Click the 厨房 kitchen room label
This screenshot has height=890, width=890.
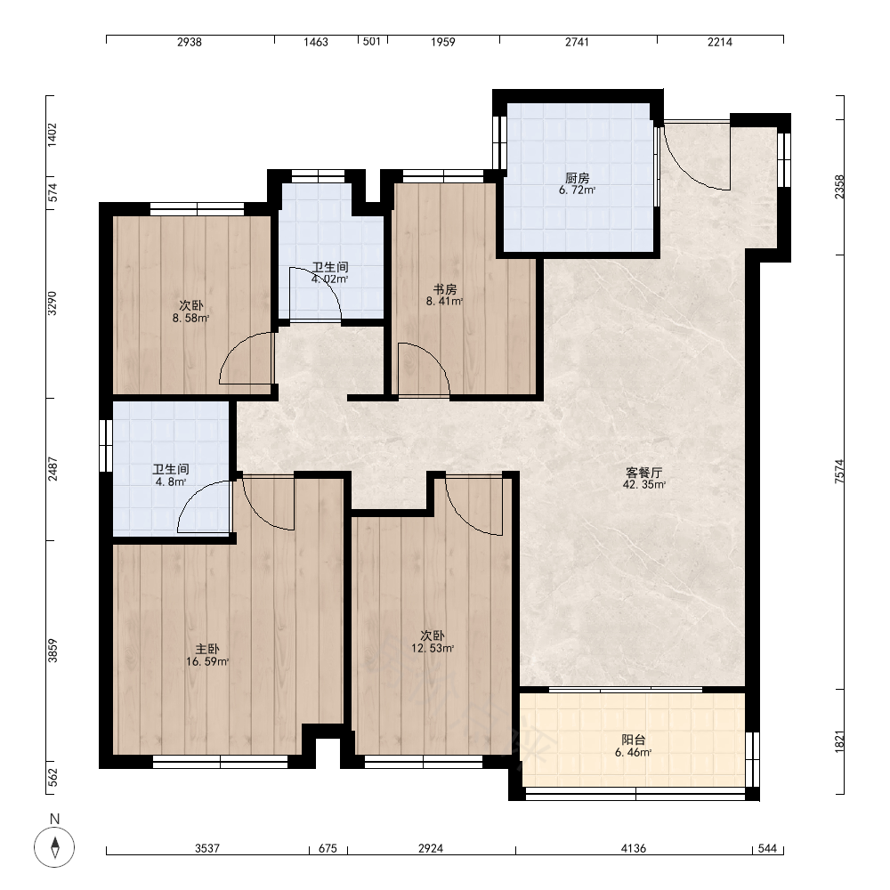click(577, 178)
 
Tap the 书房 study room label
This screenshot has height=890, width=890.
click(444, 289)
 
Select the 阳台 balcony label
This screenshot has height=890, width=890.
click(633, 740)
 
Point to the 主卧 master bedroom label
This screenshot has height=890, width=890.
click(207, 650)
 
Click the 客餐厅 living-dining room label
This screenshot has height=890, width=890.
click(643, 473)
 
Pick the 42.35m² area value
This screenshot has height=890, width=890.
click(643, 485)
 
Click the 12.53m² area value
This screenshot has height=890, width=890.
click(433, 648)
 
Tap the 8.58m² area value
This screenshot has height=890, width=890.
click(190, 318)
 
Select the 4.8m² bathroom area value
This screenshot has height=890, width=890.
click(170, 481)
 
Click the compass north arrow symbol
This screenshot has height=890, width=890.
click(54, 847)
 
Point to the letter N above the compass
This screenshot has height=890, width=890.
click(54, 819)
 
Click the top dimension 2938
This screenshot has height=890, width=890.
click(189, 42)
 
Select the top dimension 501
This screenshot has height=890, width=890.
click(372, 42)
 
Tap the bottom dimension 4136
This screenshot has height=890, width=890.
click(633, 848)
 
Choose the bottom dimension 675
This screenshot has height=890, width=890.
click(328, 848)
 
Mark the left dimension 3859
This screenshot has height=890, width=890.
click(53, 651)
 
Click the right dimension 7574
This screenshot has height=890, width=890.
click(839, 471)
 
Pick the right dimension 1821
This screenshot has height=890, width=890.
click(839, 742)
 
